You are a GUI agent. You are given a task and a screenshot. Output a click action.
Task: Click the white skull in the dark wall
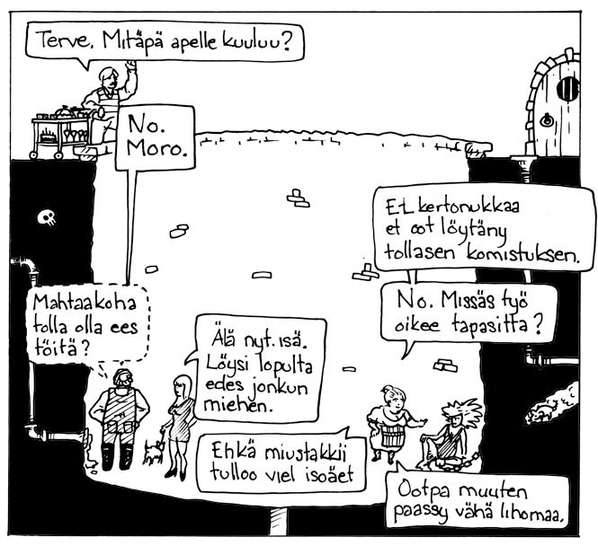tap(47, 217)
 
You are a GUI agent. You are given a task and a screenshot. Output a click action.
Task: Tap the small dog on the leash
tap(153, 452)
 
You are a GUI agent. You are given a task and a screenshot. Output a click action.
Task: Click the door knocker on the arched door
tap(547, 120)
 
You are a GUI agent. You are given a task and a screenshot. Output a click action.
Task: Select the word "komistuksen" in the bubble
tap(522, 253)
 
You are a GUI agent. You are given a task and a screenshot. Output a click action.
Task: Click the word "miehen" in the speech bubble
tap(237, 406)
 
